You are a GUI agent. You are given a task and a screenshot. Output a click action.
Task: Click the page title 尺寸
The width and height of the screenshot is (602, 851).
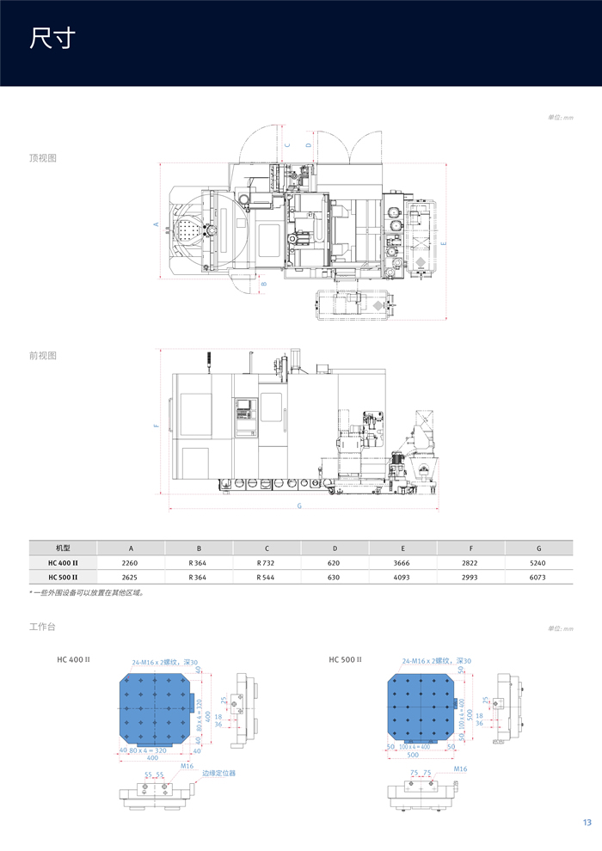tap(52, 39)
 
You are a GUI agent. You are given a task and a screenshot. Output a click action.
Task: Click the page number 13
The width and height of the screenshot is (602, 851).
tap(587, 823)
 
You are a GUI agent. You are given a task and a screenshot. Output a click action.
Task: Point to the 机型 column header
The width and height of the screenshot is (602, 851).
tap(63, 548)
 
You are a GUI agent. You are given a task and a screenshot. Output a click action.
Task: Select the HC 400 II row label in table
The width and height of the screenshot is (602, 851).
tap(63, 562)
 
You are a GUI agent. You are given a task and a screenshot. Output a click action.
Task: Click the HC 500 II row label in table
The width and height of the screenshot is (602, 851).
tap(63, 577)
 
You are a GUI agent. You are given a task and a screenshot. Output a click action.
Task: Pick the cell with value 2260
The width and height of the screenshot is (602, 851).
tap(131, 562)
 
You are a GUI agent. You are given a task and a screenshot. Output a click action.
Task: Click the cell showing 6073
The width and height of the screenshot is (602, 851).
tap(538, 577)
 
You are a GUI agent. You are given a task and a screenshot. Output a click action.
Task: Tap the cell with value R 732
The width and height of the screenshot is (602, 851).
tap(267, 562)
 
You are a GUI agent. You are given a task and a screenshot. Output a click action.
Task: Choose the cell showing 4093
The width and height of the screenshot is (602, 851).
tap(402, 577)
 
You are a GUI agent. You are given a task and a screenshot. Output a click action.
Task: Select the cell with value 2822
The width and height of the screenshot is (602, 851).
tap(470, 562)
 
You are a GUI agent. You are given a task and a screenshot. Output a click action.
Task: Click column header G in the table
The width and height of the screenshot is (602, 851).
tap(538, 548)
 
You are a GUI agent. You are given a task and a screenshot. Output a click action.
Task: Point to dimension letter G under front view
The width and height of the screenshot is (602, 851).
tap(299, 506)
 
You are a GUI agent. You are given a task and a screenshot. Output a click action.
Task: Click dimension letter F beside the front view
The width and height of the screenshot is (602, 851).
tap(157, 425)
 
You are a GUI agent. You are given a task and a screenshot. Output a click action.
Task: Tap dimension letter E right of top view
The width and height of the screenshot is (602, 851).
tap(444, 243)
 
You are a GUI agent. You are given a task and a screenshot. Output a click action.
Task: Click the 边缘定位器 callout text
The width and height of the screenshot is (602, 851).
tap(218, 773)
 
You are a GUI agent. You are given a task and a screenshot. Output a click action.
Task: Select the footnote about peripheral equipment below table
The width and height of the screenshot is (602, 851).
tap(86, 592)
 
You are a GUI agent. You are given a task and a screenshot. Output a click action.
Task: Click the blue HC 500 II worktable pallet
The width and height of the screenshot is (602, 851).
tap(423, 707)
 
